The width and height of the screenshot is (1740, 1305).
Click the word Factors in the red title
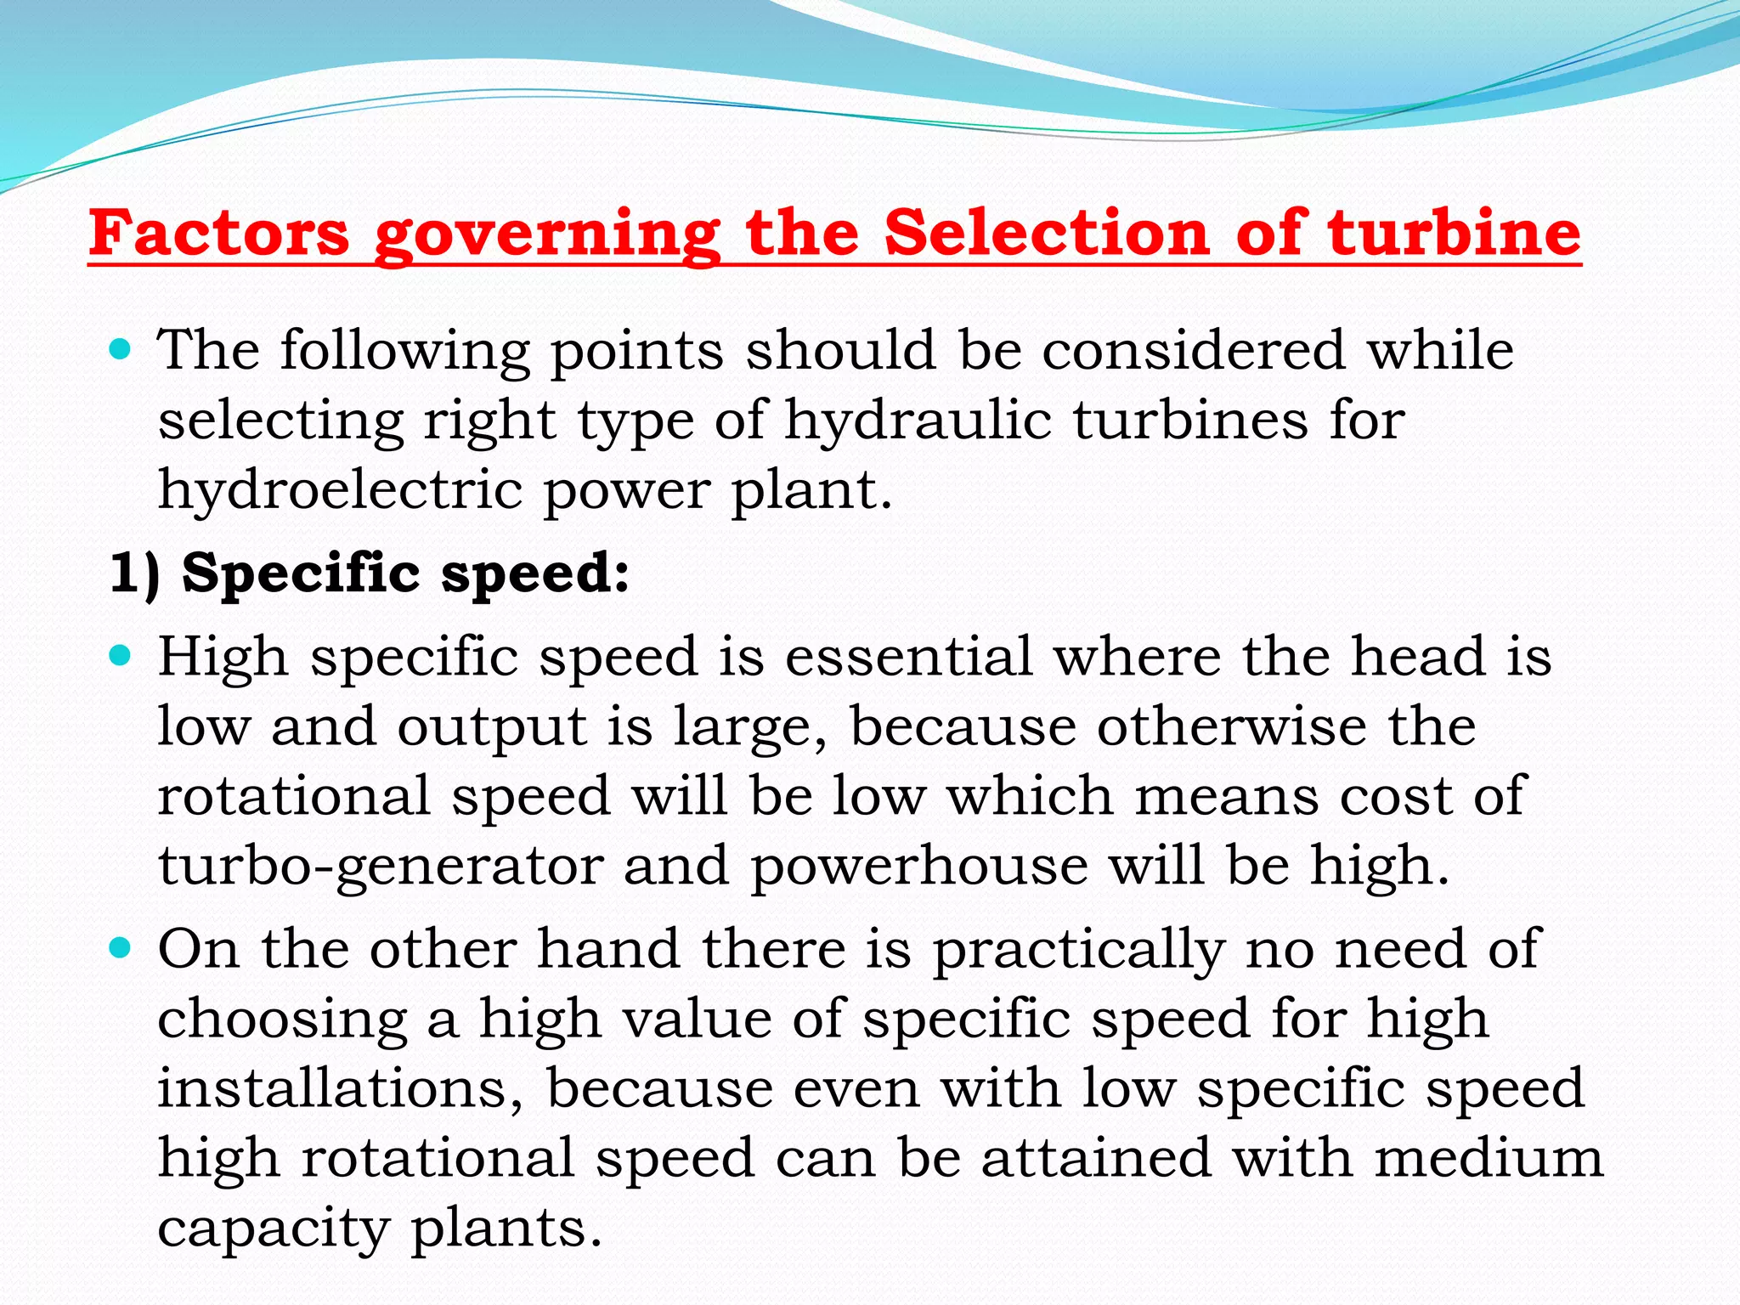(x=219, y=233)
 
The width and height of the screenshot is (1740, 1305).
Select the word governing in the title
(x=547, y=234)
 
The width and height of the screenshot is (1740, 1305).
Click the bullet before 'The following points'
(x=121, y=348)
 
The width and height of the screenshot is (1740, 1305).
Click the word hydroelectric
(x=340, y=490)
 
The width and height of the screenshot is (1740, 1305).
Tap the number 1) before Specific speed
(x=135, y=573)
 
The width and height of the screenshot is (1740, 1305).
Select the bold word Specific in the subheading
(x=301, y=573)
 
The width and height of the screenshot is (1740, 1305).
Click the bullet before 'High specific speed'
(x=121, y=655)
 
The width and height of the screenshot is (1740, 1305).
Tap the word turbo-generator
(x=381, y=867)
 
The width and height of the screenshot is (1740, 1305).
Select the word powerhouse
(x=919, y=867)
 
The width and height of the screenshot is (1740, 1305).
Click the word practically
(x=1079, y=951)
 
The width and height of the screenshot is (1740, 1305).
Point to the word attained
(x=1096, y=1158)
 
